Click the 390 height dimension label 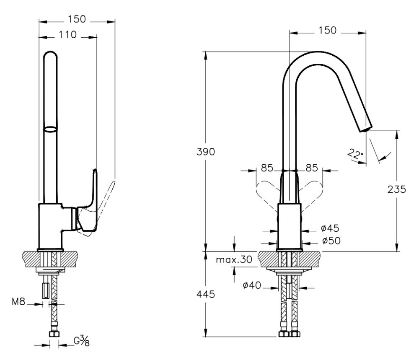206,152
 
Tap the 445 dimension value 206,294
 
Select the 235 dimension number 397,189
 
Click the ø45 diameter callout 330,228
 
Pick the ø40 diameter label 253,286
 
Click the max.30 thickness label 234,260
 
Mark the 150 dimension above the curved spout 327,30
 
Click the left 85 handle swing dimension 267,168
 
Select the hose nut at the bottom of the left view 54,334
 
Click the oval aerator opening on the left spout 50,129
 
